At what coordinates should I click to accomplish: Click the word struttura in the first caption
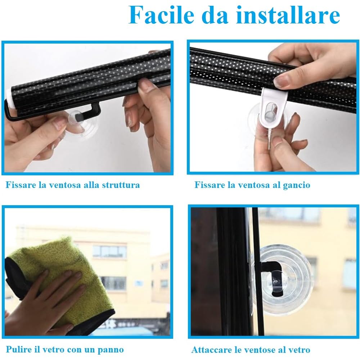[121, 185]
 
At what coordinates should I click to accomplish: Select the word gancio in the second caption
[296, 185]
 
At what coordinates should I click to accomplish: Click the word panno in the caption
[112, 349]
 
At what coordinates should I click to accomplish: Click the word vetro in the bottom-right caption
[300, 350]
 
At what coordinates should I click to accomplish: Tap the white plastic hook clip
[274, 108]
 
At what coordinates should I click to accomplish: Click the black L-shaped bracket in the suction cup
[272, 274]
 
